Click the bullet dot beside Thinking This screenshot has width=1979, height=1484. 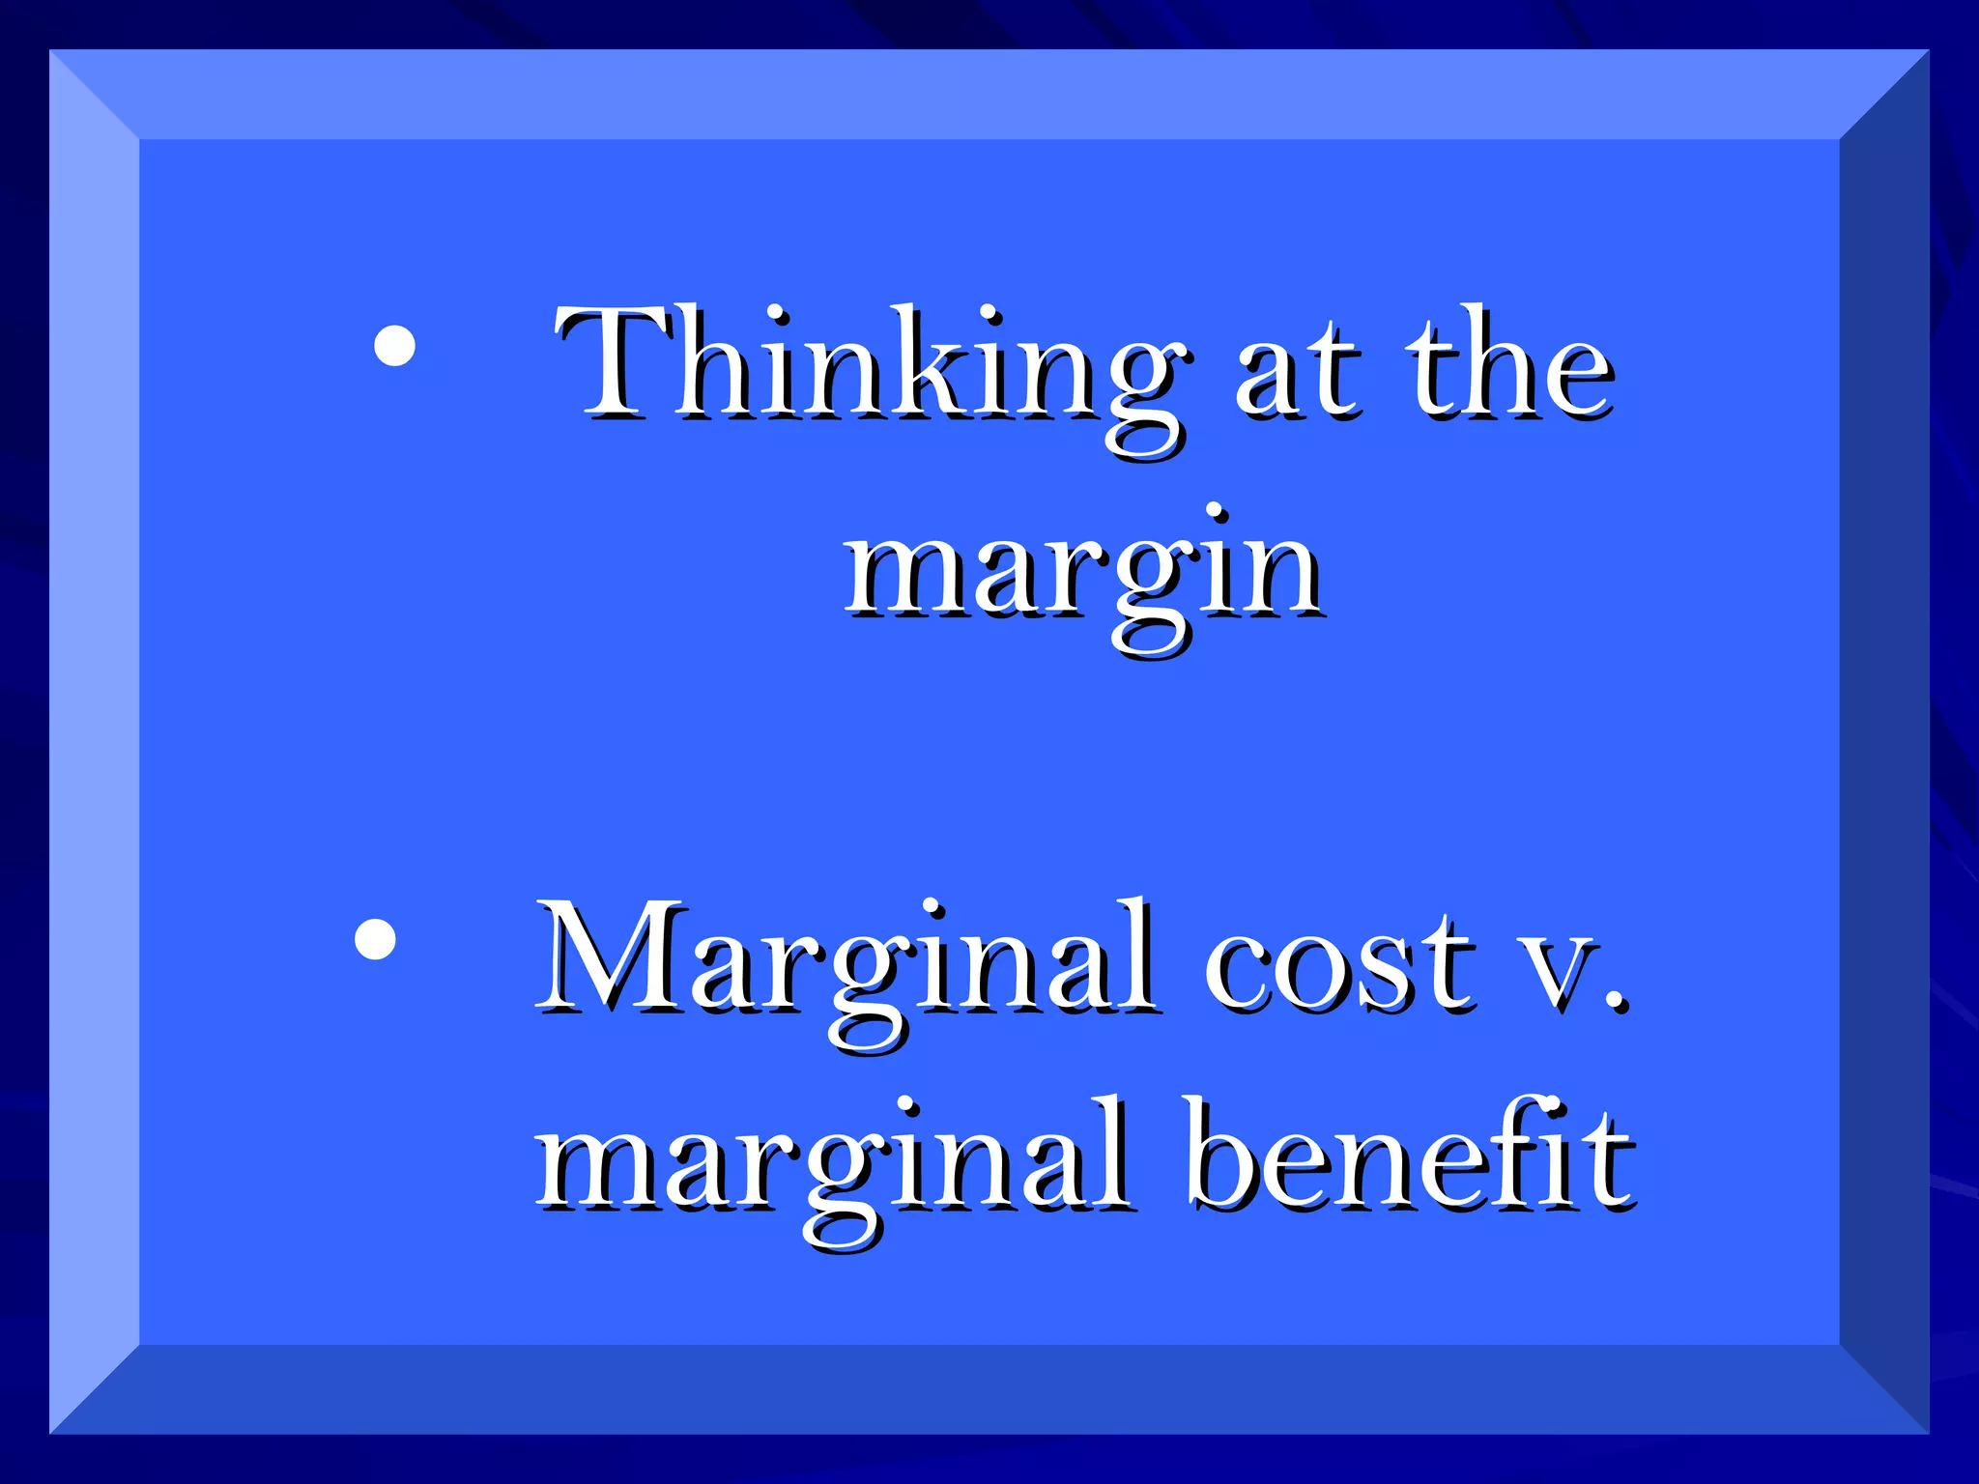point(394,346)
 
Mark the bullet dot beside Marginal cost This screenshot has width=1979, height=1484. point(375,938)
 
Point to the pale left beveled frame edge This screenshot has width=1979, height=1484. point(94,742)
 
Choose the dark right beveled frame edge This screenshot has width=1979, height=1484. point(1884,742)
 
